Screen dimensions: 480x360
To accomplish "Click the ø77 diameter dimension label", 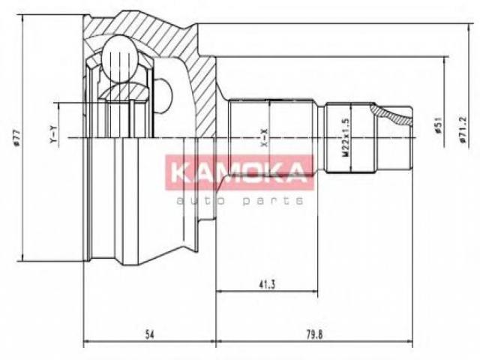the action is coord(16,137).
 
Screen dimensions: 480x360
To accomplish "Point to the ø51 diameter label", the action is coord(438,125).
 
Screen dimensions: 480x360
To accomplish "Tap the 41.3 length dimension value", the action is coord(267,285).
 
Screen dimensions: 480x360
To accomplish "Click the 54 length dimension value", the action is coord(149,334).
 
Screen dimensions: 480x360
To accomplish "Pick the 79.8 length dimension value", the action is coord(314,334).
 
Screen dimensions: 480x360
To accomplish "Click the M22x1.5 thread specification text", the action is coord(346,138).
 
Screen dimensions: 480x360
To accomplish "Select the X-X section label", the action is coord(264,138).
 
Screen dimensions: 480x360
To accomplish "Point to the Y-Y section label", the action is coord(53,135).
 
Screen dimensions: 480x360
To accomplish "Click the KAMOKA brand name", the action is coord(239,172).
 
